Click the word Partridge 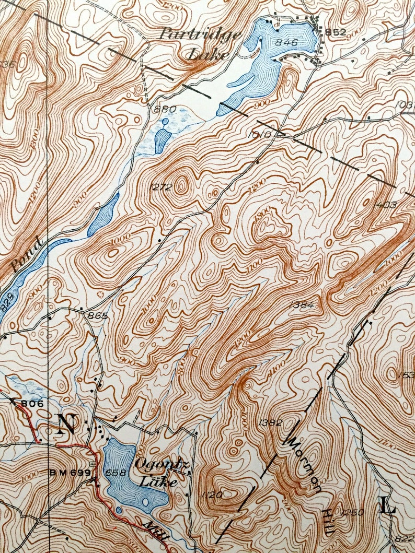[200, 35]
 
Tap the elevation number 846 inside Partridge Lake [287, 43]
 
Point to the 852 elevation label [336, 32]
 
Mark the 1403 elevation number [386, 205]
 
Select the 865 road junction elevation [98, 316]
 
